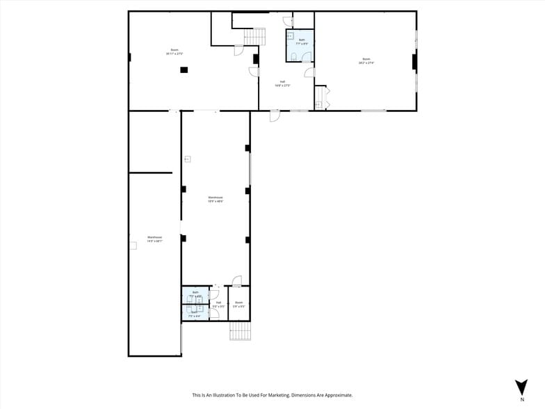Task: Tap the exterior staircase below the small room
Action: [239, 330]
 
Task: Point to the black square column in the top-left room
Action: [184, 70]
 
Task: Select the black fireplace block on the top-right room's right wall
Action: [414, 63]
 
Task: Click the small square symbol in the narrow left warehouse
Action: [133, 245]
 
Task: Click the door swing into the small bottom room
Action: [237, 281]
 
